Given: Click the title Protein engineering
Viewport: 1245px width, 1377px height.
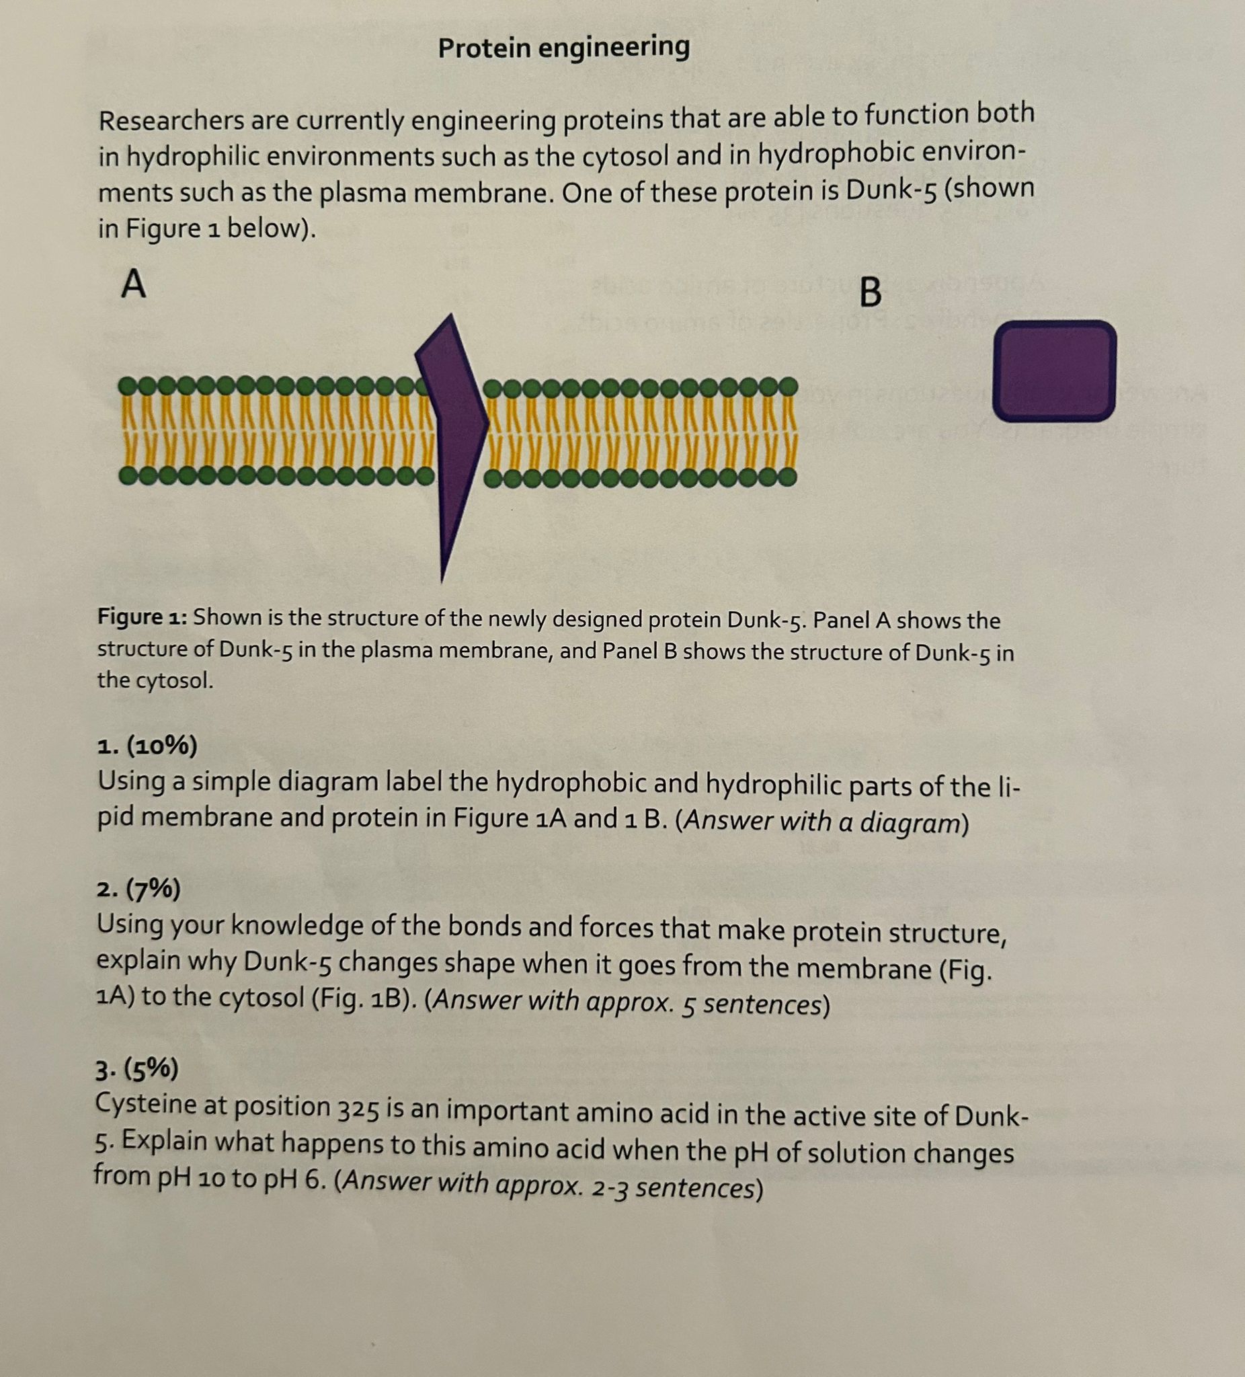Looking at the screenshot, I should (x=563, y=48).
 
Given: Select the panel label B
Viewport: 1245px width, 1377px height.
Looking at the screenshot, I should (x=869, y=293).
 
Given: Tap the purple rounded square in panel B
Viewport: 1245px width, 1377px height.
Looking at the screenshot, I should (x=1054, y=370).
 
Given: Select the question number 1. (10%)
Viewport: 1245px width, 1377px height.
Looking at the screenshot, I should (x=147, y=746).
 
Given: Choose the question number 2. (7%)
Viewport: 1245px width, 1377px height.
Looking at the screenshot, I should (x=138, y=890).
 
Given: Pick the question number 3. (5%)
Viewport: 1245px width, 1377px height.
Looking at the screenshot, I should (x=136, y=1070).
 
